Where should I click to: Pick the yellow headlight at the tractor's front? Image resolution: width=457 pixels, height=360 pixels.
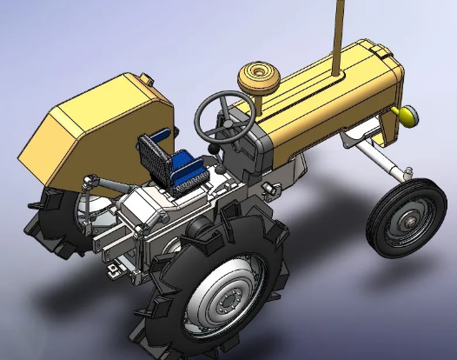pos(405,114)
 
